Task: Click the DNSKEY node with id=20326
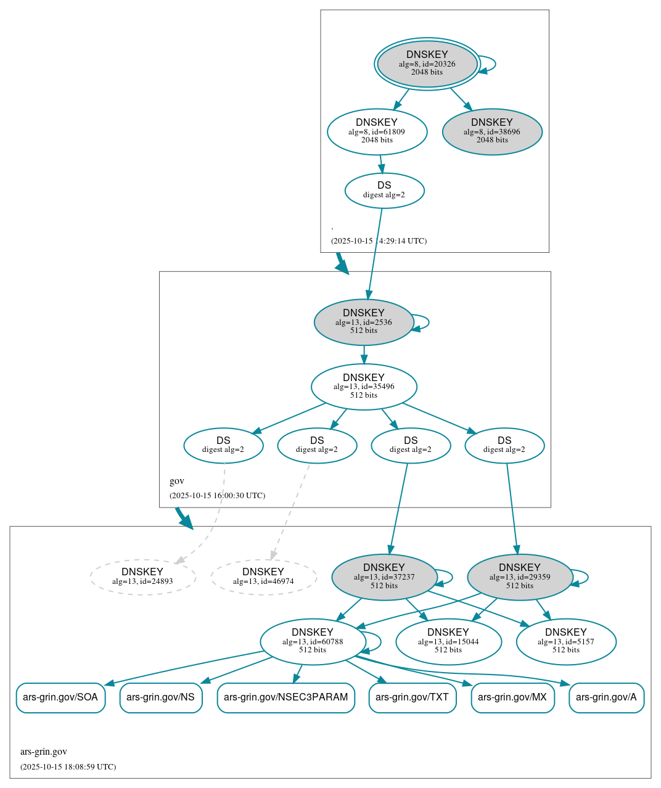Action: [x=427, y=64]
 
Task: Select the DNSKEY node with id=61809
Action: [x=377, y=131]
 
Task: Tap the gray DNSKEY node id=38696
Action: [x=492, y=131]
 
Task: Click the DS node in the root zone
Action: [x=384, y=190]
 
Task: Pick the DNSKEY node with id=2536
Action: [x=363, y=322]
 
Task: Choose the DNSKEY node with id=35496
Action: [x=363, y=387]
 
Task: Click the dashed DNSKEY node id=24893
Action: [x=142, y=577]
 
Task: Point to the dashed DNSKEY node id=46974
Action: [x=263, y=577]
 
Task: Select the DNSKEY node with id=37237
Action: [x=384, y=577]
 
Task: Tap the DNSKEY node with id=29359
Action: [x=519, y=577]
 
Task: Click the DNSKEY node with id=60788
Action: [x=313, y=641]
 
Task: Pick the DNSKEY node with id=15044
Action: [x=448, y=641]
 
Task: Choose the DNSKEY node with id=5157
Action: [x=565, y=641]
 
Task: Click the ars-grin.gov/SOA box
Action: [x=60, y=697]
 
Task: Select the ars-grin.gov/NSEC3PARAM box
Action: [x=285, y=697]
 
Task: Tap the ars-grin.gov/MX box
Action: [x=512, y=697]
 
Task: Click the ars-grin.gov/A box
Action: [x=606, y=697]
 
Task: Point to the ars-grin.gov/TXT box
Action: [x=412, y=697]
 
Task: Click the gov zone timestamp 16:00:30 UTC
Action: [x=217, y=495]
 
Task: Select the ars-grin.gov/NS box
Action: [x=160, y=697]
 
